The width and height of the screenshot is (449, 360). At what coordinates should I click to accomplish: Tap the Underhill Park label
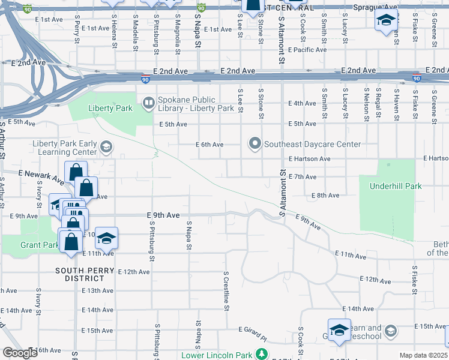tap(396, 186)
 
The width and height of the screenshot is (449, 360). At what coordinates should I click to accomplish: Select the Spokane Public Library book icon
tap(148, 104)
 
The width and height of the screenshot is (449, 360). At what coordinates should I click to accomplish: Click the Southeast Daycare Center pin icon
tap(255, 143)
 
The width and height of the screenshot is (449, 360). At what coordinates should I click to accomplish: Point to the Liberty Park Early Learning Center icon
tap(106, 146)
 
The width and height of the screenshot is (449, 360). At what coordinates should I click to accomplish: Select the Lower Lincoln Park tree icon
tap(262, 354)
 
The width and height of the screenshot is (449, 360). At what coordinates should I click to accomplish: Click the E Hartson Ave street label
tap(309, 159)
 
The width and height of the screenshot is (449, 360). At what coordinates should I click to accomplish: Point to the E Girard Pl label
tap(253, 330)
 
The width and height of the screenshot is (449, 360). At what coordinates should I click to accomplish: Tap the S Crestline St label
tap(226, 291)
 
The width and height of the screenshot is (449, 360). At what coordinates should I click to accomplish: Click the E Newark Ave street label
tap(41, 176)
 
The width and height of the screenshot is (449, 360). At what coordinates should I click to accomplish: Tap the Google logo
tap(20, 353)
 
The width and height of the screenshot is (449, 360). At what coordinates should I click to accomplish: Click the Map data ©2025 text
tap(423, 355)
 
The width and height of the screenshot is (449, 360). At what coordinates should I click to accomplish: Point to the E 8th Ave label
tap(325, 196)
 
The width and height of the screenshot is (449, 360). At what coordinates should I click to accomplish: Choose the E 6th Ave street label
tap(209, 145)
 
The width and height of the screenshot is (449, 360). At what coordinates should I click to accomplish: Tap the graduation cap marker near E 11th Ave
tap(106, 238)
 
